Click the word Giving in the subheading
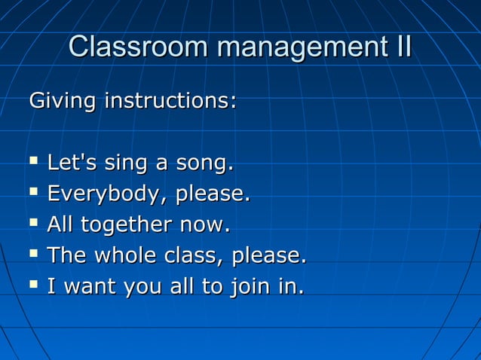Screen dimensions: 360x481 pyautogui.click(x=62, y=101)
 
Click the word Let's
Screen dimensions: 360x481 pyautogui.click(x=72, y=163)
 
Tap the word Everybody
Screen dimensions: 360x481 pyautogui.click(x=108, y=195)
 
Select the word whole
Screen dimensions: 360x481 pyautogui.click(x=130, y=256)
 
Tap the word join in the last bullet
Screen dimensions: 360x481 pyautogui.click(x=255, y=288)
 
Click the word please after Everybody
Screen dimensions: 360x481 pyautogui.click(x=212, y=195)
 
